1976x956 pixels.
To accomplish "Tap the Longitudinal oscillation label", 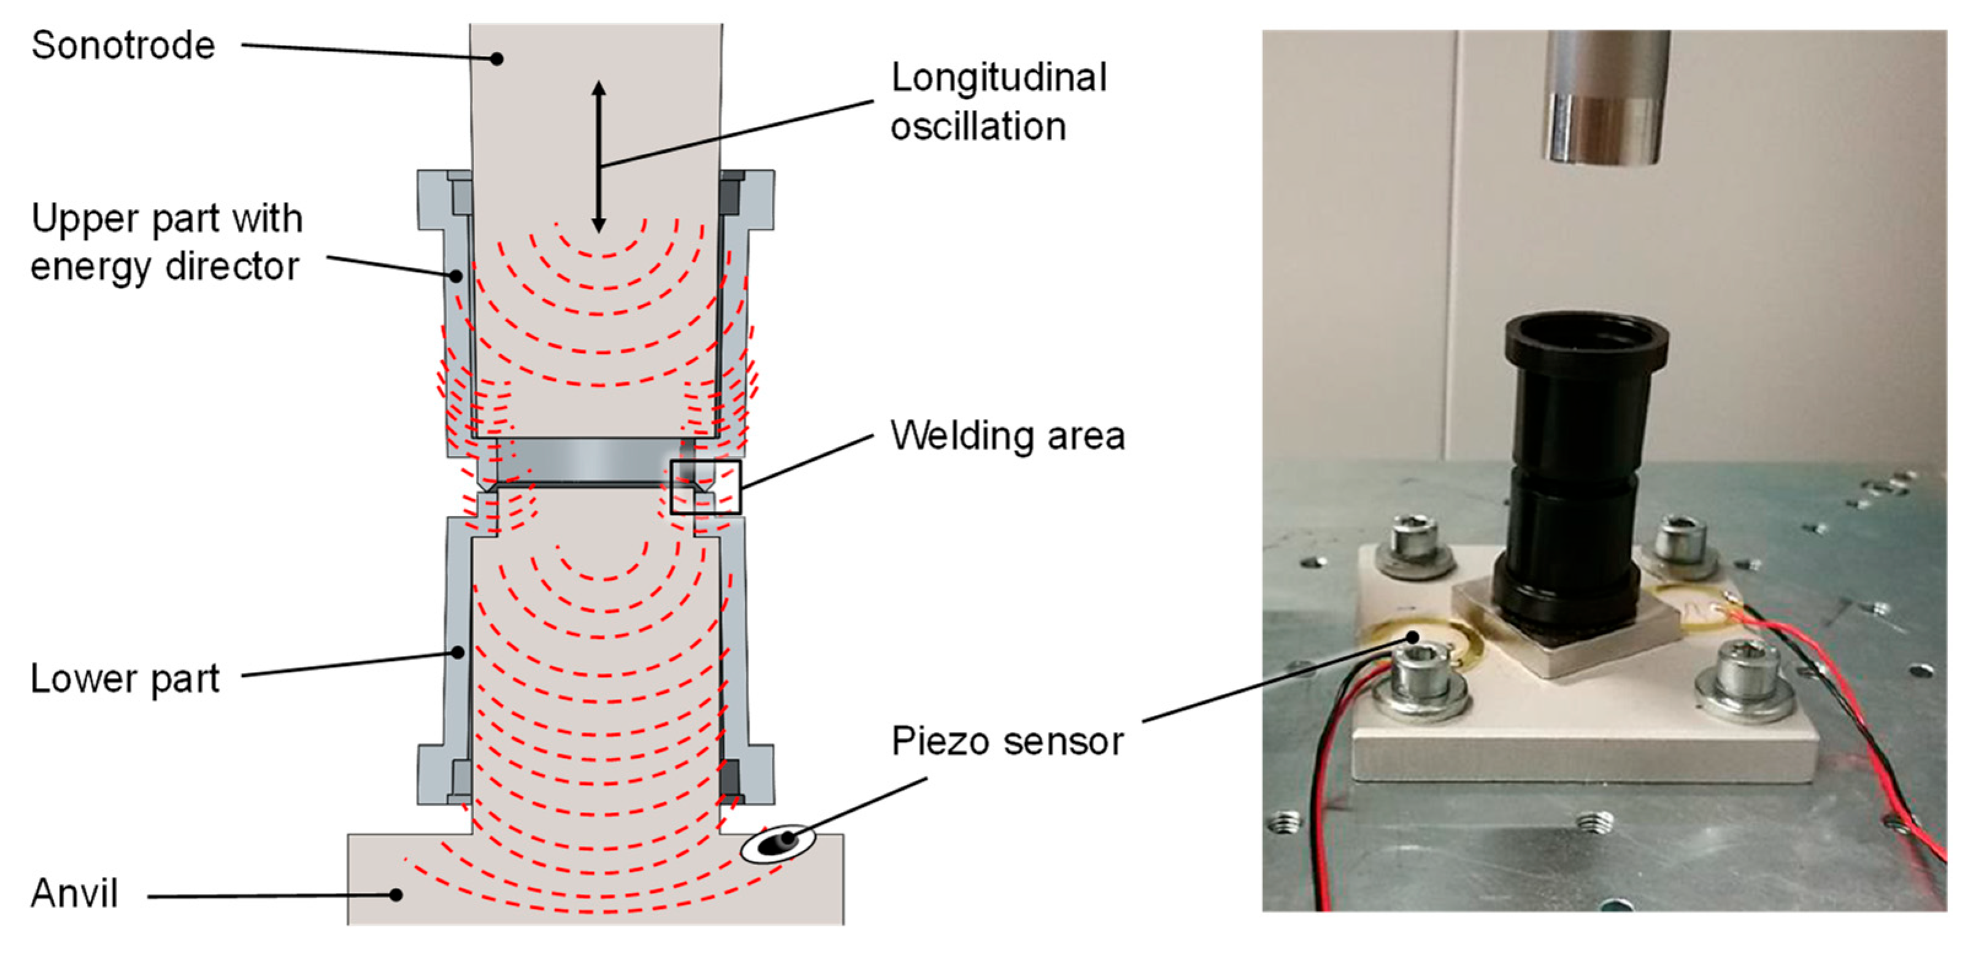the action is point(998,101).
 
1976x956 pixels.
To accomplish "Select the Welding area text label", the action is point(1007,435).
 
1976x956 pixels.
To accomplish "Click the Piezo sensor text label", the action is point(1007,741).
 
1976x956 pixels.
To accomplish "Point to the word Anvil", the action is point(74,893).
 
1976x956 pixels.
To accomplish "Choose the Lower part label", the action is point(125,678).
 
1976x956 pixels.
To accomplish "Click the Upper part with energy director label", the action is point(166,242).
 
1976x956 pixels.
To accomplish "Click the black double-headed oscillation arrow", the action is point(598,156).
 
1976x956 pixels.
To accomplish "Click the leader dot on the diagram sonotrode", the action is point(497,58).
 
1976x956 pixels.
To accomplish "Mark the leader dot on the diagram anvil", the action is point(396,895).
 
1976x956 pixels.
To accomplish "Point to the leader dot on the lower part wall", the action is point(457,652).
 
